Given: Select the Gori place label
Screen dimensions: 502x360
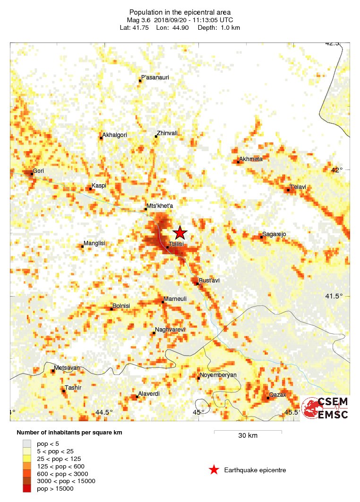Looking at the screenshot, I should click(x=38, y=170).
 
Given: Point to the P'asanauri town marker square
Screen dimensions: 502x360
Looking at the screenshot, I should click(x=140, y=81).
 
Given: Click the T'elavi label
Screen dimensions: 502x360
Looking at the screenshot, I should click(x=298, y=187).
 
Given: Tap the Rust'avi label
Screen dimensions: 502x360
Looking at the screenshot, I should click(x=209, y=280).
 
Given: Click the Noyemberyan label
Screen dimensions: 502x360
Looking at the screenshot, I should click(x=218, y=375).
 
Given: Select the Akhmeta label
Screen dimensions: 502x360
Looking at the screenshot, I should click(x=251, y=159).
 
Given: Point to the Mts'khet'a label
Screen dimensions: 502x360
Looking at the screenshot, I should click(x=160, y=206).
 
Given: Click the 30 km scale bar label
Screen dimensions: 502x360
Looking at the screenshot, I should click(x=248, y=435).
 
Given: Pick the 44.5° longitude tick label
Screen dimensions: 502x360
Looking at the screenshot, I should click(x=104, y=412).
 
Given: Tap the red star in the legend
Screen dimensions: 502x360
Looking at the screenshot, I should click(x=214, y=470).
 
